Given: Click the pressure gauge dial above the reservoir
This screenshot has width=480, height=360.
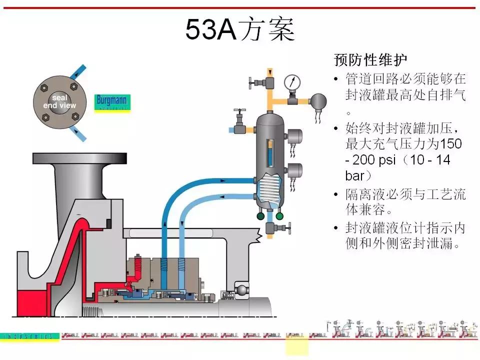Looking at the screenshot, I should [x=291, y=82].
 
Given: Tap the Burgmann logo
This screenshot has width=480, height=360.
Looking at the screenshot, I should [x=112, y=102].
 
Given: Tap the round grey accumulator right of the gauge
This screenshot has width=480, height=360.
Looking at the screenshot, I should [x=317, y=101].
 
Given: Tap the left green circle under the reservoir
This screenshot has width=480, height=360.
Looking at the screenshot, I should [x=260, y=216].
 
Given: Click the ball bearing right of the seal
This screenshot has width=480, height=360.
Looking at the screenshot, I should [x=241, y=290].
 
